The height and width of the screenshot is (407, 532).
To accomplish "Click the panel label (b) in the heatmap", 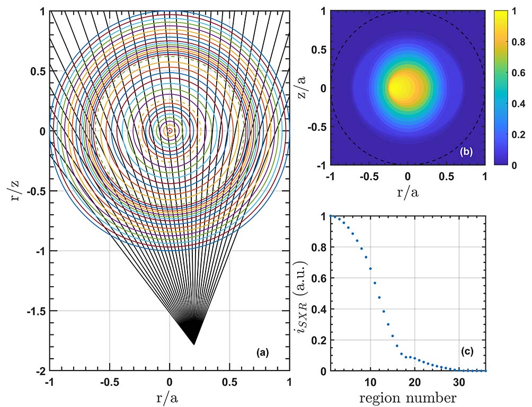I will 466,152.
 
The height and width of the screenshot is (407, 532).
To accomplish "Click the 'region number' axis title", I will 407,396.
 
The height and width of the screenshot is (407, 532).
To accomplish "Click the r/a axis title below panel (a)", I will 169,396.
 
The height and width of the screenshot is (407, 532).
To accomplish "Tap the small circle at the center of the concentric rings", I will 170,130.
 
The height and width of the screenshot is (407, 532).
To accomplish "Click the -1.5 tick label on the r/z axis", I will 37,311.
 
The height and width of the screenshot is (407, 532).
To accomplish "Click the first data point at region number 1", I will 331,216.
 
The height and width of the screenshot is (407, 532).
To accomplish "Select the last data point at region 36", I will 485,370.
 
